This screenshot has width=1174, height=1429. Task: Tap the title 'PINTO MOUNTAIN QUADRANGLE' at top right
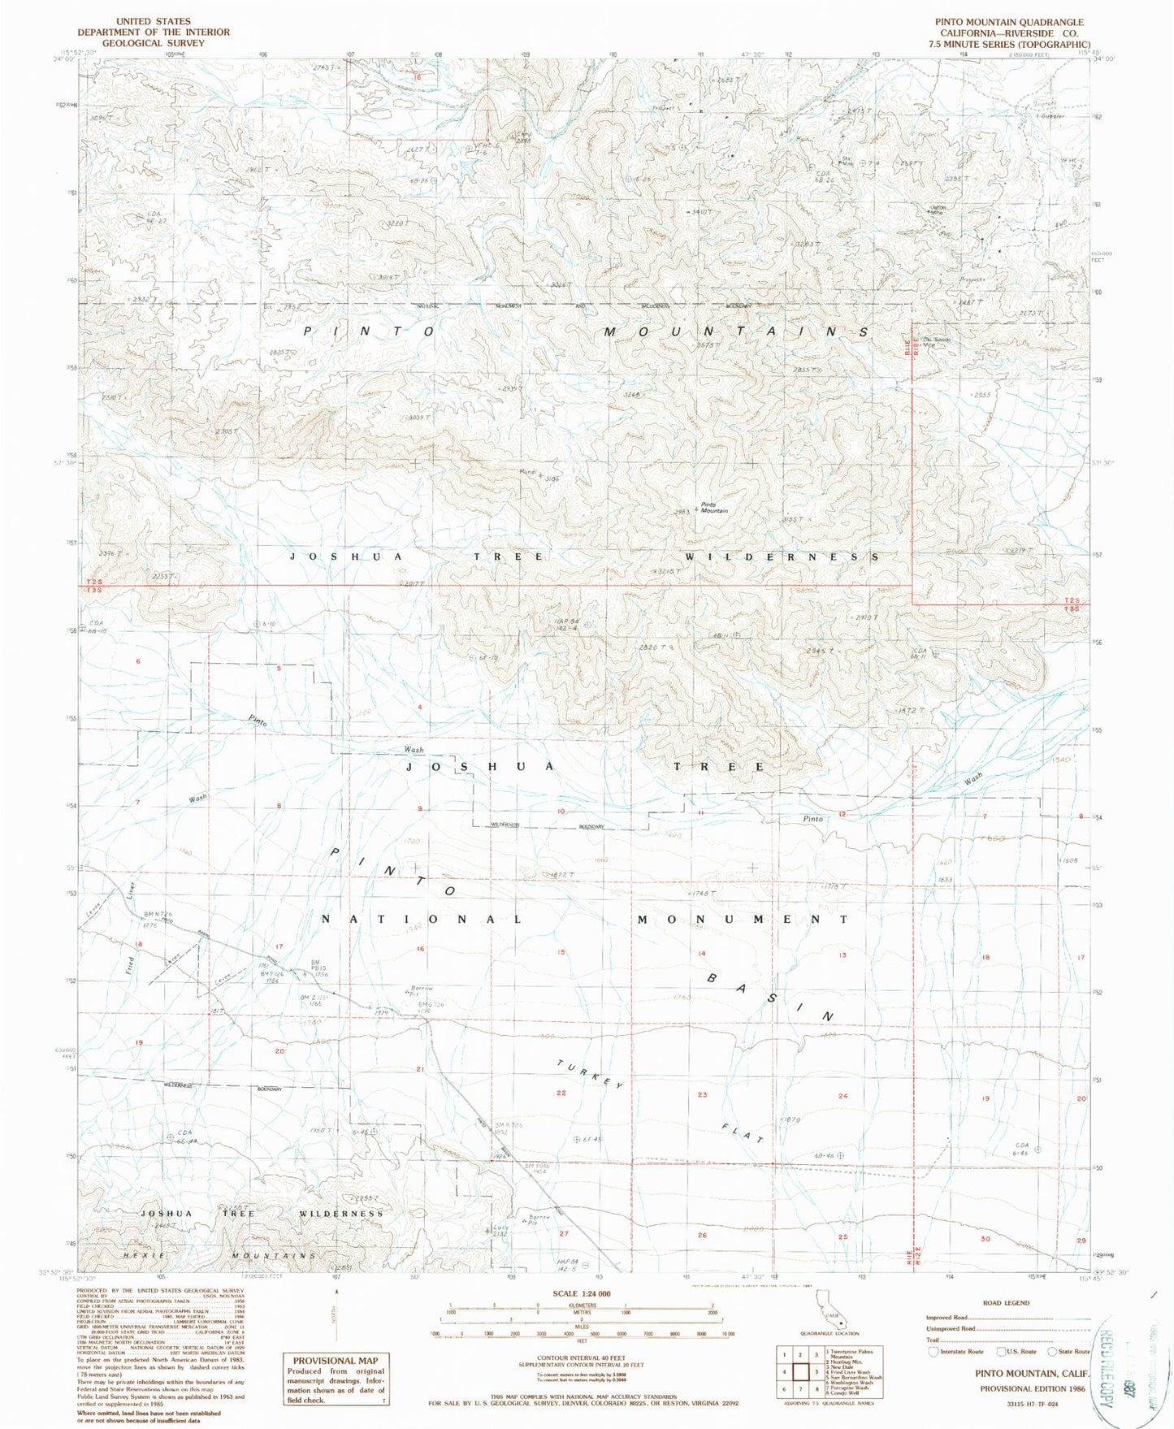click(x=1014, y=22)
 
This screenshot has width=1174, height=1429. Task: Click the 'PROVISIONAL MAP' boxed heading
click(x=336, y=1360)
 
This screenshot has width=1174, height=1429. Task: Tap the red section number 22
click(x=561, y=1093)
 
